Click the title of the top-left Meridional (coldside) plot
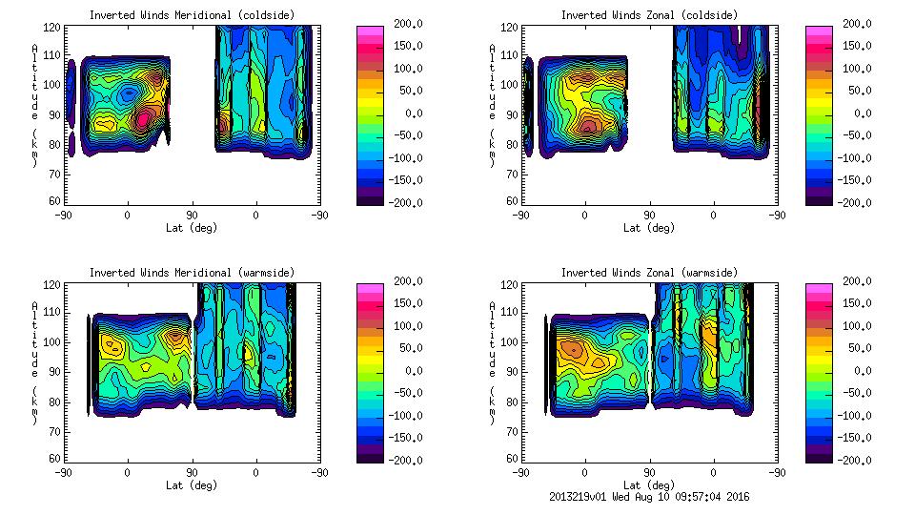[192, 15]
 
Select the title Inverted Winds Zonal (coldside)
[648, 15]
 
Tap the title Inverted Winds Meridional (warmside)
[192, 273]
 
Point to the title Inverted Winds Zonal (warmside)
[648, 273]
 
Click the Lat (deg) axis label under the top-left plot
[192, 228]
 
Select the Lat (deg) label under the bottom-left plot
[192, 485]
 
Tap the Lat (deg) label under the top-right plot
[648, 228]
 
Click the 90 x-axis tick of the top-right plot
[650, 216]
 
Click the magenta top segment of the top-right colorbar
[819, 31]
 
